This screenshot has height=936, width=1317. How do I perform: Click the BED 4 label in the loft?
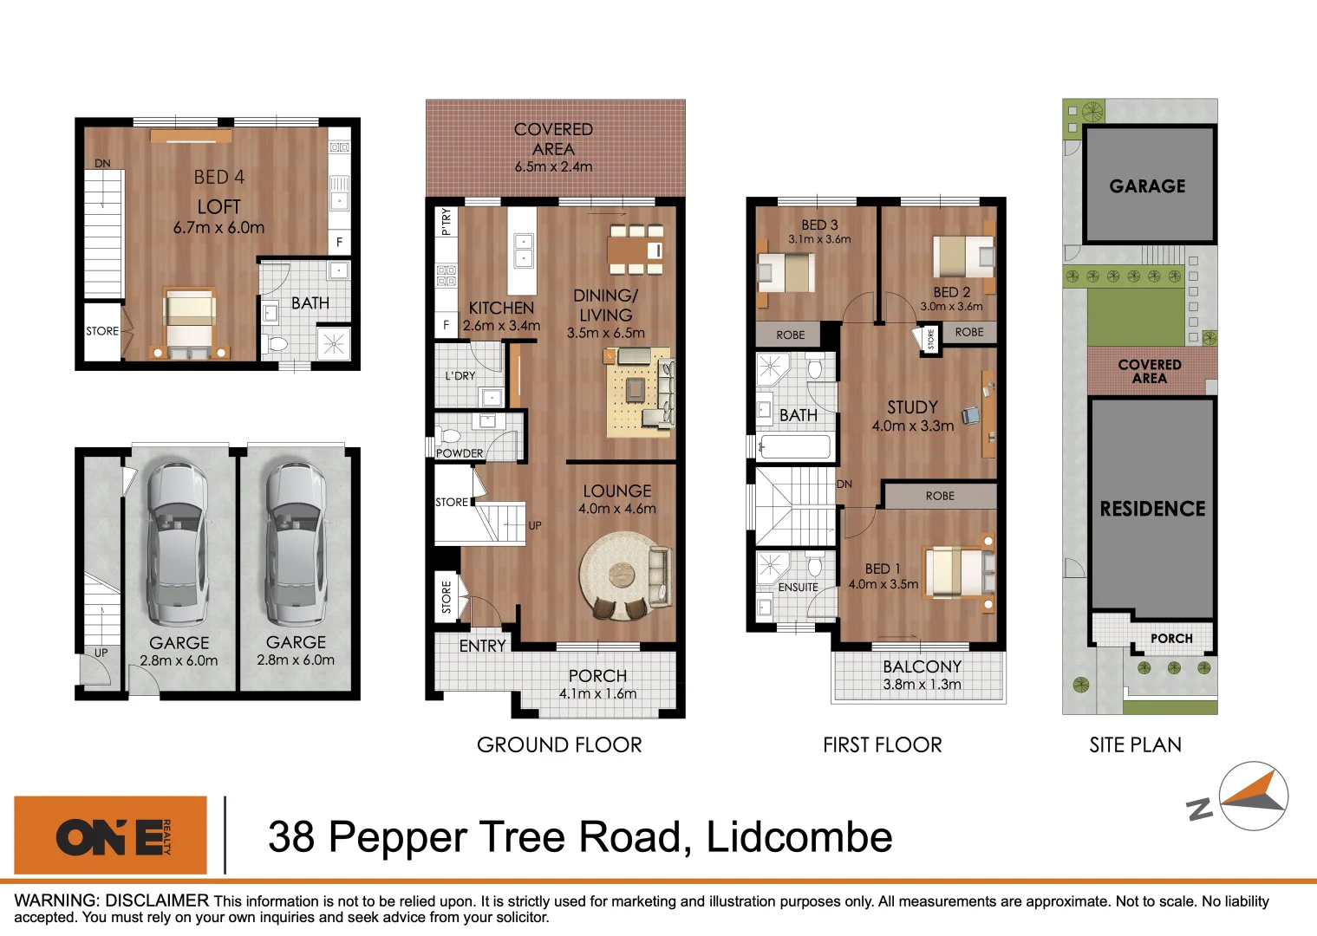point(218,177)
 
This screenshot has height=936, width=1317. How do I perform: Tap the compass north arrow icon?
point(1253,796)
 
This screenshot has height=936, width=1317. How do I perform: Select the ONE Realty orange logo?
point(111,835)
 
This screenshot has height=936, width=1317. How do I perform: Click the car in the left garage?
point(179,543)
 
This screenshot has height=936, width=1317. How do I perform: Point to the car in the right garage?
point(296,543)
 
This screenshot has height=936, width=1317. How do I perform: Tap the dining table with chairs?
point(636,250)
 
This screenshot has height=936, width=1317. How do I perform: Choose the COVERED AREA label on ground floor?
point(553,139)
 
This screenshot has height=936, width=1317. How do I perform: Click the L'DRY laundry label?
point(460,376)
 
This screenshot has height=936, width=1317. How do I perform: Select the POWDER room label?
point(460,453)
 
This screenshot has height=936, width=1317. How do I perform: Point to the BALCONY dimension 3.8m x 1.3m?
point(922,685)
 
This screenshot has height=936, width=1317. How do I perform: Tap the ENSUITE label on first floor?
point(798,588)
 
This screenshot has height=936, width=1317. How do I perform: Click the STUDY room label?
point(912,407)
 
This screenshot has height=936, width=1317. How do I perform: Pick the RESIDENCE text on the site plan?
point(1152,509)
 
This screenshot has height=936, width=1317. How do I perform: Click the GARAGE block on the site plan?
point(1148,185)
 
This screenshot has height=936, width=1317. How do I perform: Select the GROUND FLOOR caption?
point(559,744)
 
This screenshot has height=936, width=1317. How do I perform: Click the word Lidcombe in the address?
point(799,837)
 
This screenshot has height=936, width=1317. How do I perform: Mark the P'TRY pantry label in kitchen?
point(446,221)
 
